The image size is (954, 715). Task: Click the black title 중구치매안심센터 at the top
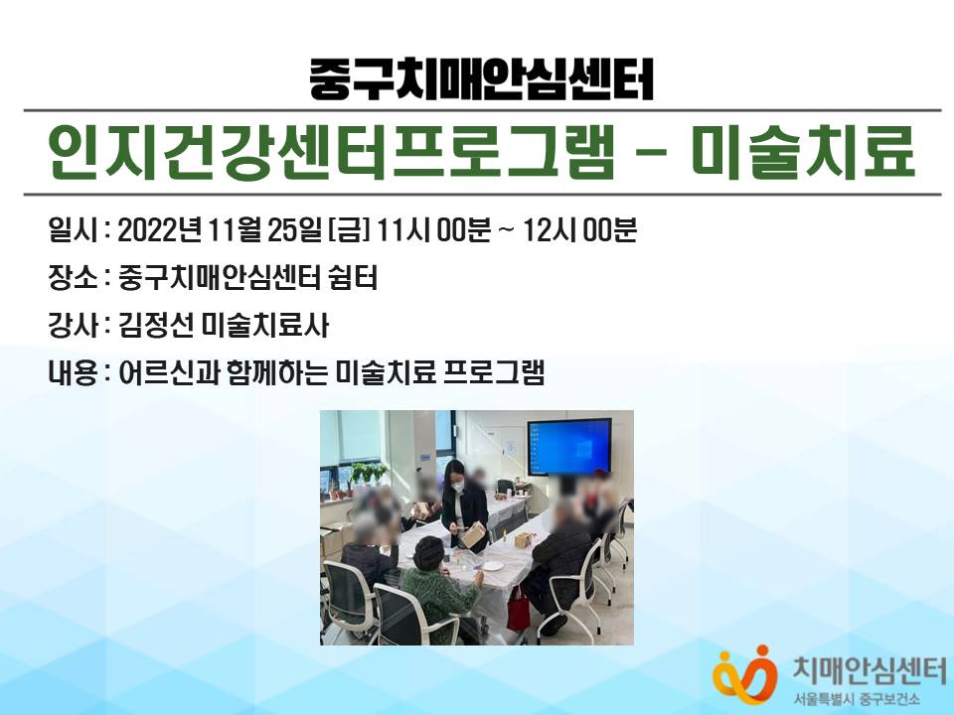pyautogui.click(x=481, y=79)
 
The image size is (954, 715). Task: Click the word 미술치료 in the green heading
pyautogui.click(x=803, y=152)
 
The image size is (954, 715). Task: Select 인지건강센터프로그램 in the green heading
pyautogui.click(x=331, y=152)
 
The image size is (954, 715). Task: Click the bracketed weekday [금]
pyautogui.click(x=349, y=231)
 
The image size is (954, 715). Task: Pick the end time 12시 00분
pyautogui.click(x=579, y=231)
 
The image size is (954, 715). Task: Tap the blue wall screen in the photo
pyautogui.click(x=569, y=446)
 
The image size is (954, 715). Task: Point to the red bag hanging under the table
pyautogui.click(x=519, y=610)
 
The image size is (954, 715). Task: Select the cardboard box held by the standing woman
pyautogui.click(x=473, y=534)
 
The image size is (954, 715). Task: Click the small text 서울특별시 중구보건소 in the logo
pyautogui.click(x=857, y=699)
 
